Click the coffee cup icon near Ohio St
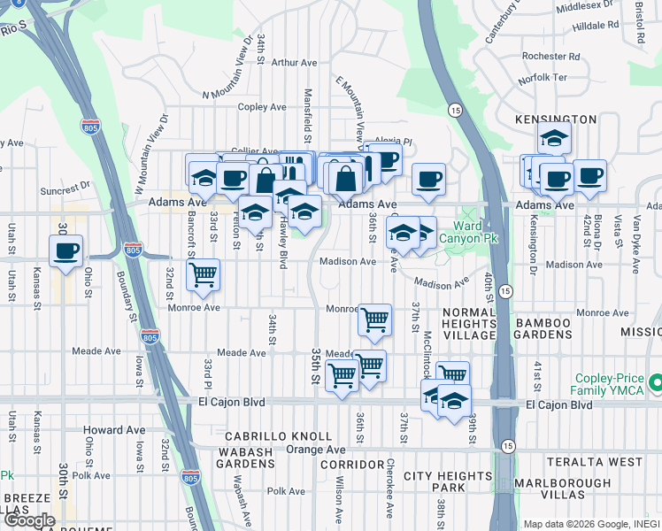[x=65, y=250]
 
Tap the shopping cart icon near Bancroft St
[x=203, y=274]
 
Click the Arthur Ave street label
[x=295, y=63]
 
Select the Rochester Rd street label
[x=550, y=56]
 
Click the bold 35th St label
[x=314, y=366]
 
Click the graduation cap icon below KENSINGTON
[x=554, y=139]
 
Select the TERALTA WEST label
[x=606, y=462]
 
